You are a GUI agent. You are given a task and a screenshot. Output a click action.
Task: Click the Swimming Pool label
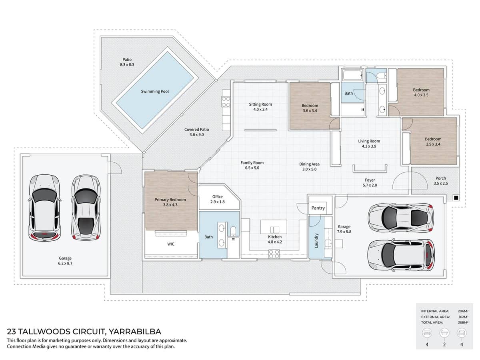(155, 92)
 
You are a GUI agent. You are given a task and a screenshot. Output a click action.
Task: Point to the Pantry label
(318, 208)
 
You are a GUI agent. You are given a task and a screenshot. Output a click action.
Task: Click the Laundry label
(316, 240)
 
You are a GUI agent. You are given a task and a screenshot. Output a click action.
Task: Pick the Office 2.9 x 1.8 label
(218, 199)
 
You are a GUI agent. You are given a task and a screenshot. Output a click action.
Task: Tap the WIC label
(170, 244)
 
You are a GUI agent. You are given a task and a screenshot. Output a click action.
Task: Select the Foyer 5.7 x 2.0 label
(370, 183)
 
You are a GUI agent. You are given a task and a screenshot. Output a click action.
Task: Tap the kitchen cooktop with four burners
(274, 253)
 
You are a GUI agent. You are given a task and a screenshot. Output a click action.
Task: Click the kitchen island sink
(274, 229)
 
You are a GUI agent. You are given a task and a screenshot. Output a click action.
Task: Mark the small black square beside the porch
(456, 198)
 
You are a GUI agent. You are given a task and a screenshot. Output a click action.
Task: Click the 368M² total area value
(463, 322)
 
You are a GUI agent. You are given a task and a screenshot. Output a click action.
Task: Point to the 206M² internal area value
(463, 311)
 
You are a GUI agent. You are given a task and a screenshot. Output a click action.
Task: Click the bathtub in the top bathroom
(352, 75)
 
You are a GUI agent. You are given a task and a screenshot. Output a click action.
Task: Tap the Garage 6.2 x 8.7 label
(65, 261)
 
